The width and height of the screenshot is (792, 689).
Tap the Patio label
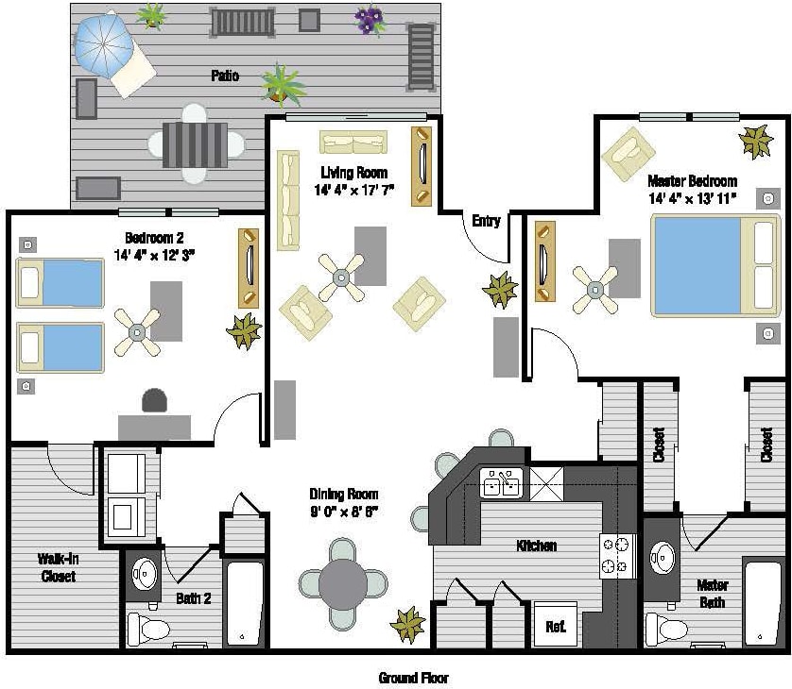click(225, 76)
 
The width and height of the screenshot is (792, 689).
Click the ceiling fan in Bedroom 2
click(138, 331)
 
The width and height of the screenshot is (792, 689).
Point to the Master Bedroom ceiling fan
click(596, 290)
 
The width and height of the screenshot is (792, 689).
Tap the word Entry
click(486, 221)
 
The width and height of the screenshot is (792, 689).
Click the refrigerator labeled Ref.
click(557, 624)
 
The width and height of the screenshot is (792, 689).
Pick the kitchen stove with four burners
click(615, 556)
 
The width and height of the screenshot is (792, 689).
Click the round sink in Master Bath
click(663, 556)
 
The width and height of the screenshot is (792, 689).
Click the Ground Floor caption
click(413, 678)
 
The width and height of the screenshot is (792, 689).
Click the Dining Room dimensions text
click(344, 512)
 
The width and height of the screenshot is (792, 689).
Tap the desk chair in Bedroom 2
click(154, 401)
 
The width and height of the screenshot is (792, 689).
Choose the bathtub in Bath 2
click(244, 603)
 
